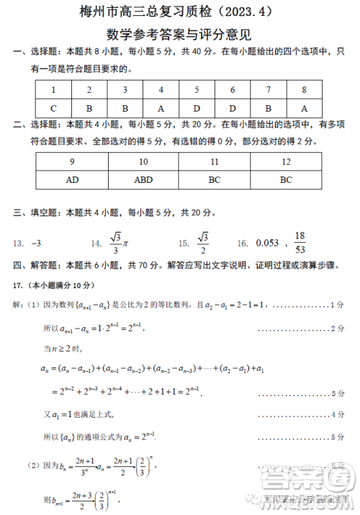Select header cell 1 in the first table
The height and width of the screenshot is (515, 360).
tap(53, 90)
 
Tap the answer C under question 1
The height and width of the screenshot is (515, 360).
tap(53, 108)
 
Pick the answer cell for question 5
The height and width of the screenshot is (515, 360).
tap(197, 108)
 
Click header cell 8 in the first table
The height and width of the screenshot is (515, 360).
tap(305, 90)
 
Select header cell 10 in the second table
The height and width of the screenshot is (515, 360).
tap(143, 162)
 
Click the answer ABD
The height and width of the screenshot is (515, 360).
tap(143, 180)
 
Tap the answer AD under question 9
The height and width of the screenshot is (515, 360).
tap(72, 180)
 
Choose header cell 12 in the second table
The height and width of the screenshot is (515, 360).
tap(287, 162)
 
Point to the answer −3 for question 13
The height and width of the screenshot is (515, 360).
tap(38, 243)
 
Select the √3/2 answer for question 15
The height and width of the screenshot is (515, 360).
tap(202, 243)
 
